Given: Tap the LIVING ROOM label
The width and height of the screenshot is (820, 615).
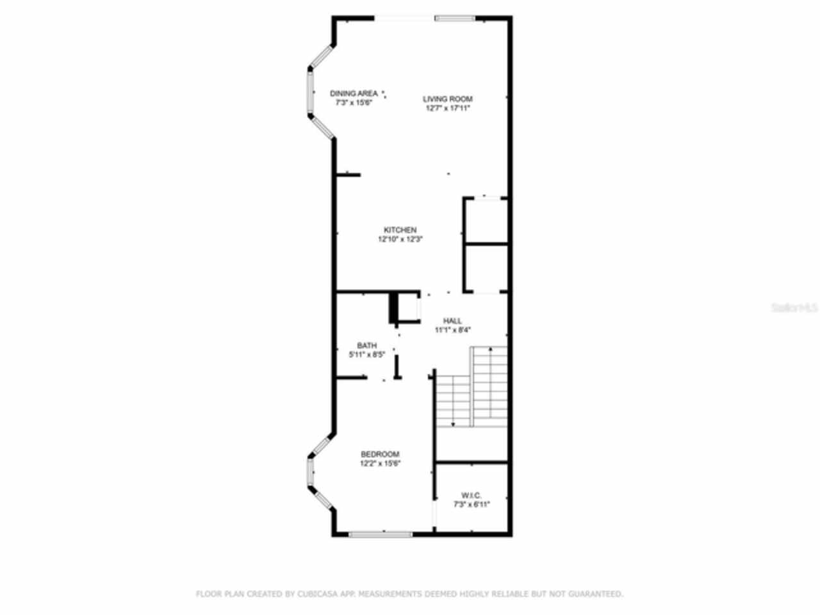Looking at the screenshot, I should (x=448, y=99).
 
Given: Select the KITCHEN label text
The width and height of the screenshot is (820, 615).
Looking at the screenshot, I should (x=400, y=230).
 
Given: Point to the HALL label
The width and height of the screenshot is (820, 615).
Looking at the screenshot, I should (x=453, y=321).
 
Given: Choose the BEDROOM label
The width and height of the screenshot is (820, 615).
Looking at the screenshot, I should (x=380, y=454).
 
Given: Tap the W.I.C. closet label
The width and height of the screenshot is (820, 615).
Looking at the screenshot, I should (x=471, y=495).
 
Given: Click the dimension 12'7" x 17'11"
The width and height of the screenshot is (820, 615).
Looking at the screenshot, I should (x=448, y=108).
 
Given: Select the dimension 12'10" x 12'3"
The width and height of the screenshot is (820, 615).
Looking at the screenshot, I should (x=400, y=239).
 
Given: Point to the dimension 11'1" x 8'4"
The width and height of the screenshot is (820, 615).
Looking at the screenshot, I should (x=453, y=330).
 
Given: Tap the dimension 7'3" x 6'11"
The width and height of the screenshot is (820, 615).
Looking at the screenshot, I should (x=471, y=504).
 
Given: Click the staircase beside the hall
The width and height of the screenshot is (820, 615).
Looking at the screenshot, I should (x=472, y=388).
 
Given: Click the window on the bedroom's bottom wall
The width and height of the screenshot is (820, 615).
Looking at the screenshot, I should (x=381, y=533).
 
